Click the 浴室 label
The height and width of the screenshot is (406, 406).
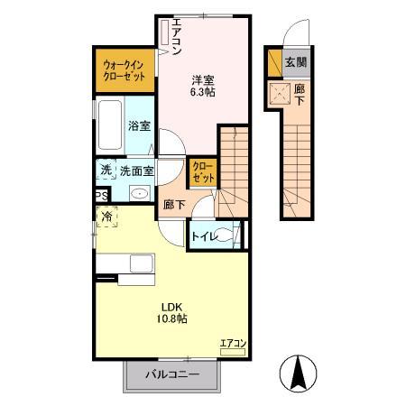point(138,126)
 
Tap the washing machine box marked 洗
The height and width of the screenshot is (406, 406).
point(105,170)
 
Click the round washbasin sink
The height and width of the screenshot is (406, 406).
point(140,193)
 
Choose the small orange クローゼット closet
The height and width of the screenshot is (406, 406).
point(204,172)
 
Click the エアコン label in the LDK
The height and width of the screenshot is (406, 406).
point(232,343)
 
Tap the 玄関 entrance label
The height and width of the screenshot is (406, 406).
point(294,62)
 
